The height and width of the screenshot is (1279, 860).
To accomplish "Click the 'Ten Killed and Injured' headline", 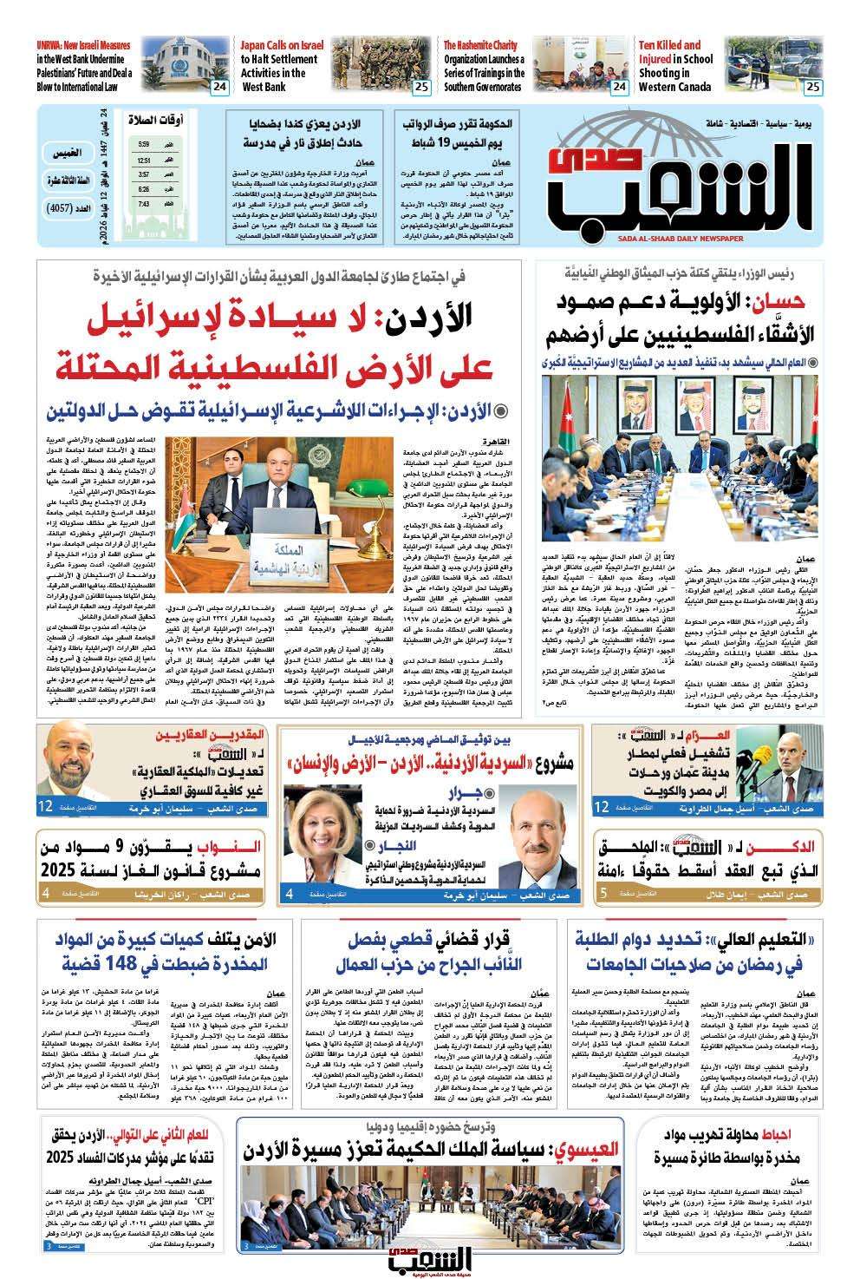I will point(675,66).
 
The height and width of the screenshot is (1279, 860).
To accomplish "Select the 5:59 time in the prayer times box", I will point(143,144).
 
